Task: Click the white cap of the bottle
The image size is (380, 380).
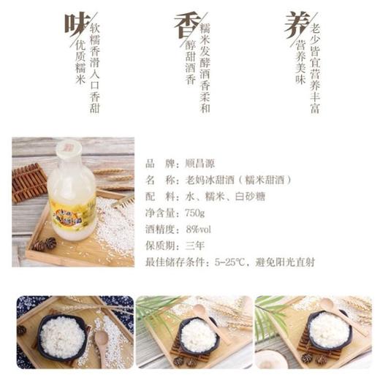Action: tap(67, 148)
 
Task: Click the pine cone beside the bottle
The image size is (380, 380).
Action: tap(49, 243)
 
